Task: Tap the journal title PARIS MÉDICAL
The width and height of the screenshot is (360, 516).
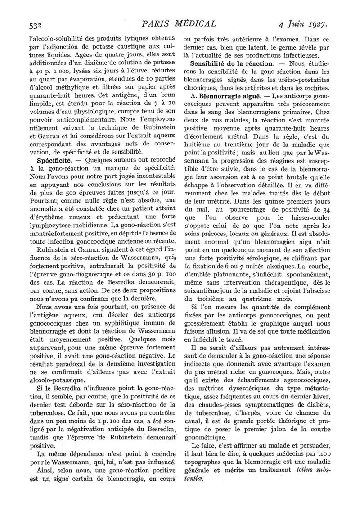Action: pos(177,22)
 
